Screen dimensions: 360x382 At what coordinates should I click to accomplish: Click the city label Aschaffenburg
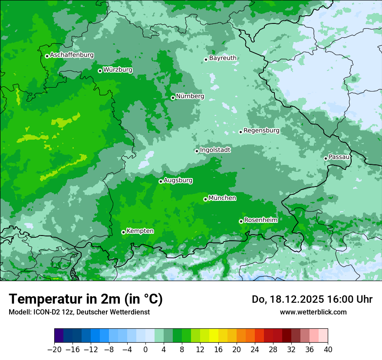click(x=72, y=55)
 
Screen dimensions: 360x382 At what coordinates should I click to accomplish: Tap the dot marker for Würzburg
click(x=100, y=71)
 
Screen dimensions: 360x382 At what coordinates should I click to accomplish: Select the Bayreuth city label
click(x=223, y=58)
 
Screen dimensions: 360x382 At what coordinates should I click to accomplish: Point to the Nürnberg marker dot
click(x=173, y=98)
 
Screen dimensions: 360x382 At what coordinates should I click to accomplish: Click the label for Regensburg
click(x=261, y=130)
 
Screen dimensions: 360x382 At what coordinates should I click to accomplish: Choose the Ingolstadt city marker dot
click(x=197, y=151)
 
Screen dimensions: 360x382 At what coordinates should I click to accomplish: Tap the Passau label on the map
click(x=339, y=157)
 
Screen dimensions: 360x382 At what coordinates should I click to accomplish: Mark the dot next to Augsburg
click(x=161, y=181)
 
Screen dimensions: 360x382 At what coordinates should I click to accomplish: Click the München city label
click(x=222, y=198)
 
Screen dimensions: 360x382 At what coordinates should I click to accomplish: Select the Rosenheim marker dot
click(x=241, y=221)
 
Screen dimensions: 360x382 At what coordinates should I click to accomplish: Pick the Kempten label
click(x=140, y=231)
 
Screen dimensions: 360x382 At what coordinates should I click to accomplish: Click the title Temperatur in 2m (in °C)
click(x=86, y=299)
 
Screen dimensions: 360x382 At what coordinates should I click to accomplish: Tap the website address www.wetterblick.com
click(x=313, y=312)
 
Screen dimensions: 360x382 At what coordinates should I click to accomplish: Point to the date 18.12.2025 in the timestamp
click(x=291, y=299)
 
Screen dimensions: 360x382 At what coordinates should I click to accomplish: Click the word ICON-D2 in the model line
click(x=43, y=312)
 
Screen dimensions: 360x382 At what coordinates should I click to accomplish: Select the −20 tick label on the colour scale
click(x=54, y=350)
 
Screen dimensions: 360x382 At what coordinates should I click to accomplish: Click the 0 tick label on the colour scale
click(x=145, y=350)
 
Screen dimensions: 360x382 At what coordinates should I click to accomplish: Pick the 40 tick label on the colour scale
click(x=328, y=350)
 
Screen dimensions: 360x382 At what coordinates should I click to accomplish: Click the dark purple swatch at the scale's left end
click(x=59, y=336)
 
